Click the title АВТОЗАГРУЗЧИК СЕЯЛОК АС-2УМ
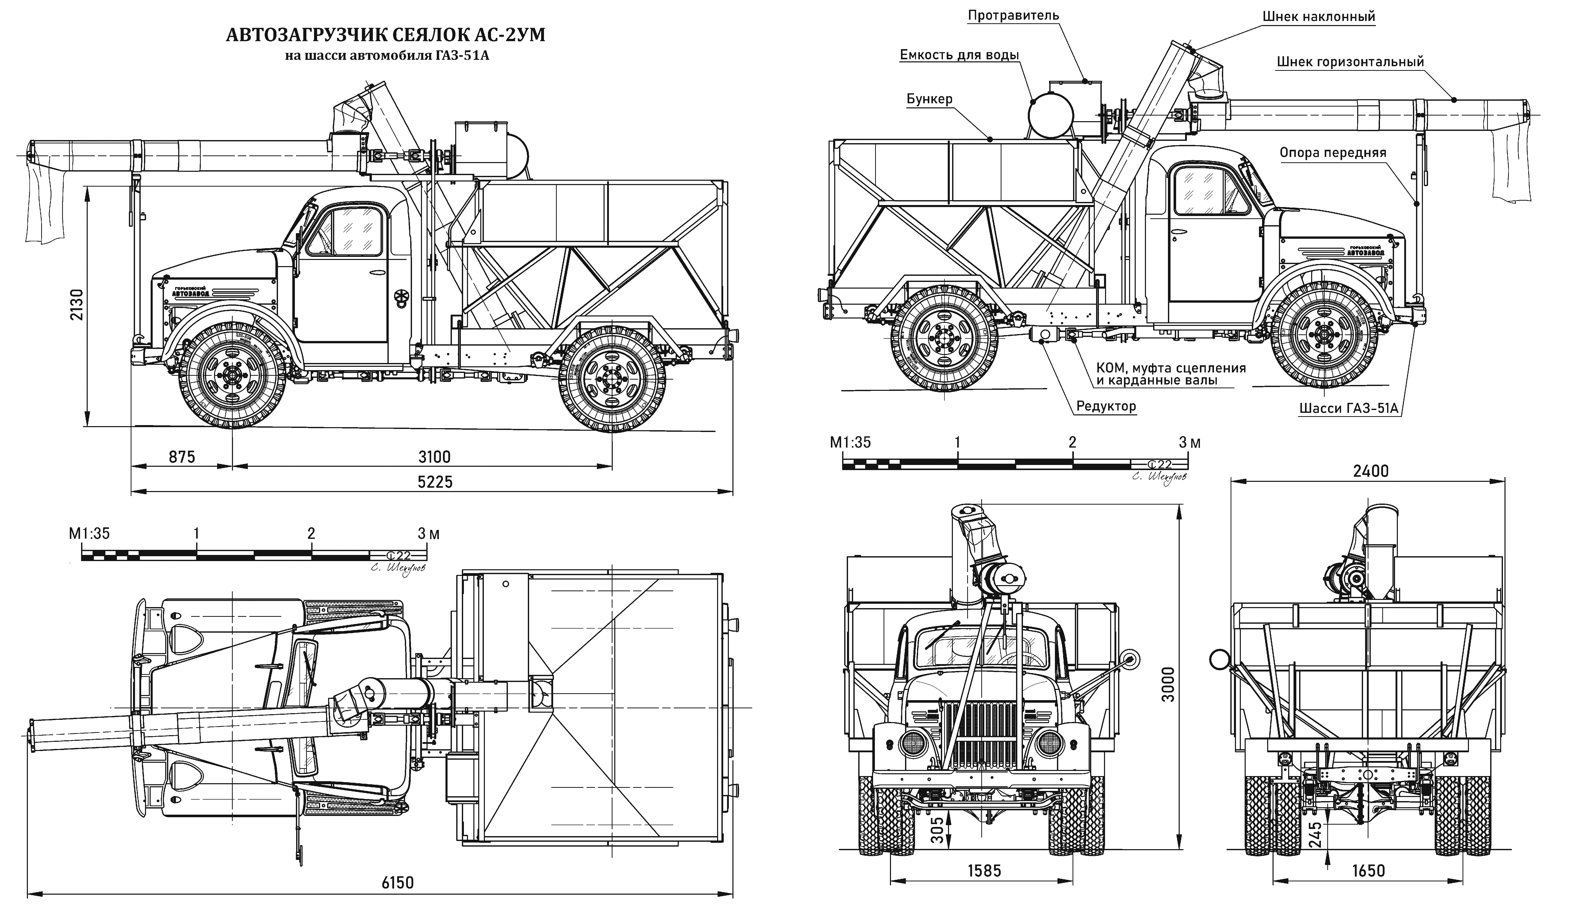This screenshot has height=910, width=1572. point(385,35)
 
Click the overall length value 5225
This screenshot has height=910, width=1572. point(435,482)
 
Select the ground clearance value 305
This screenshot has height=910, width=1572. point(936,830)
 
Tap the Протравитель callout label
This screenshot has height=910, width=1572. point(1013,15)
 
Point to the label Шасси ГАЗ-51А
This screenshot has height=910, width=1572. point(1347,408)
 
